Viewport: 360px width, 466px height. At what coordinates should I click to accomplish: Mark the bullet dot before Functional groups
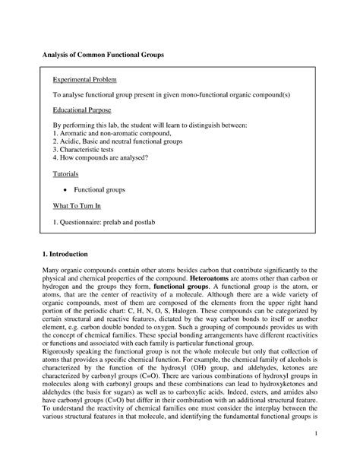tap(67, 189)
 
